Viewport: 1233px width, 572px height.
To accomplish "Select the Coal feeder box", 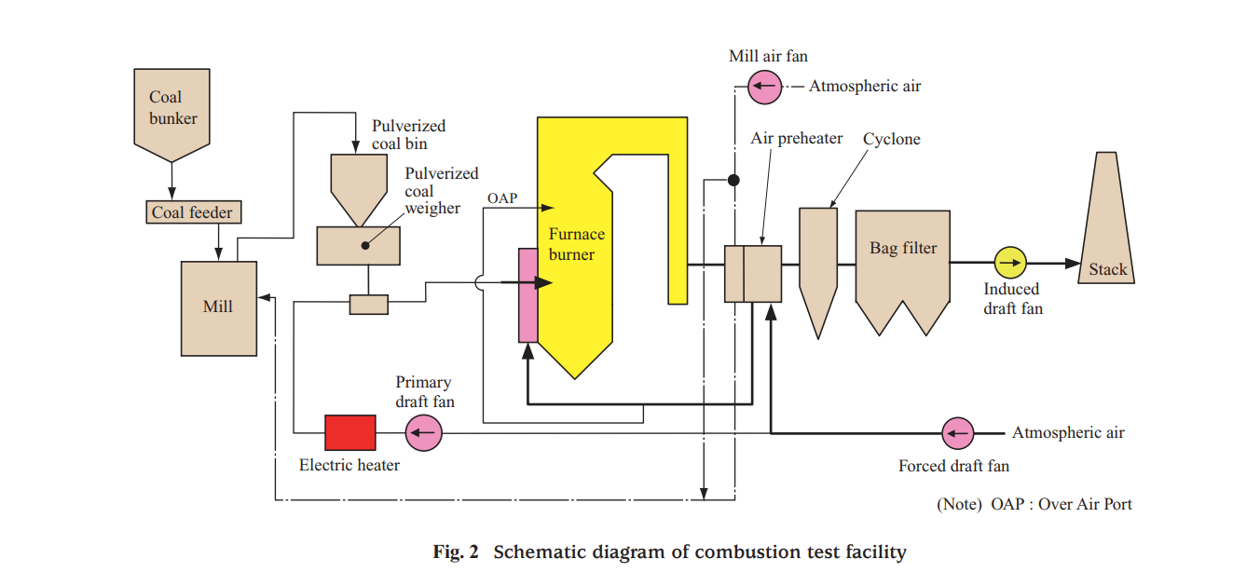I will click(193, 212).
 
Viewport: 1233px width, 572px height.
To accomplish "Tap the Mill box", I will click(219, 307).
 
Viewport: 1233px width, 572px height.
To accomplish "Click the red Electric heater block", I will click(350, 433).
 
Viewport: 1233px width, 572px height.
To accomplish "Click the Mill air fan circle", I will click(764, 87).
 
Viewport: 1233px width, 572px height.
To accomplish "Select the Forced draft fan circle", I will click(956, 432).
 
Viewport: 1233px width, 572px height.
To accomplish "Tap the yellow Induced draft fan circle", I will click(1009, 264).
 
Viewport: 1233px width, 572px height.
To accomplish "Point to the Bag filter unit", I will click(902, 266).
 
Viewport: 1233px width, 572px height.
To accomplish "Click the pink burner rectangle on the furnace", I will click(528, 294).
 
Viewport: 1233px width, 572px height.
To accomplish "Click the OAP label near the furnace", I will click(501, 198).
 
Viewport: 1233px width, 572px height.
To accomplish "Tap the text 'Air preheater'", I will click(796, 139).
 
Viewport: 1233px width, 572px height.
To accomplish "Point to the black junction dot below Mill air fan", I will click(734, 179).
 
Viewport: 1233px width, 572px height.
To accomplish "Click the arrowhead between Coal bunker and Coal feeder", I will click(172, 193).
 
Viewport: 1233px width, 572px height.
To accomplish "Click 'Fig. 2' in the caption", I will click(456, 552).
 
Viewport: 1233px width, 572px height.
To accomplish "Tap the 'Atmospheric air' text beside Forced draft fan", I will click(1068, 433).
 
